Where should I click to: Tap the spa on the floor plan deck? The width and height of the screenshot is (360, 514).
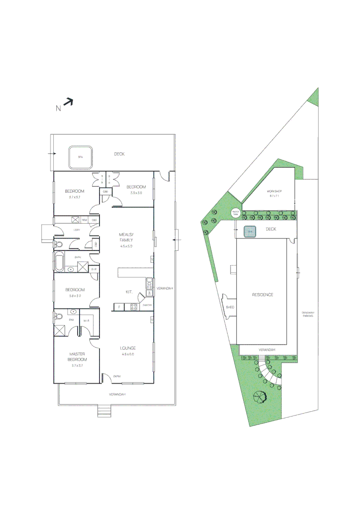(80, 157)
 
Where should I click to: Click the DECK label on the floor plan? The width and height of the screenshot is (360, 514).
(119, 154)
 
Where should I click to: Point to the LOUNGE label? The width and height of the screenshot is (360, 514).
(128, 349)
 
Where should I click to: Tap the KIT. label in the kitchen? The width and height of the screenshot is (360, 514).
(129, 291)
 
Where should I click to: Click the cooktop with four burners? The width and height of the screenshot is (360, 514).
(134, 307)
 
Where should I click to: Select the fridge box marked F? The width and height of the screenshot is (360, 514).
(119, 307)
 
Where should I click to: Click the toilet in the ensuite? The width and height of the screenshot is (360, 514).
(59, 316)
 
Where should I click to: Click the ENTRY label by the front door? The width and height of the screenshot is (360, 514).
(117, 376)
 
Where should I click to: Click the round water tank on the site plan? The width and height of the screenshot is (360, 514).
(235, 213)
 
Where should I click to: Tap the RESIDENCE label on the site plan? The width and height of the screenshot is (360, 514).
(262, 295)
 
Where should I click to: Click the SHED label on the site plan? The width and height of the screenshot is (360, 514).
(230, 307)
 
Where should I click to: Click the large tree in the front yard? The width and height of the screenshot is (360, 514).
(261, 395)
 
